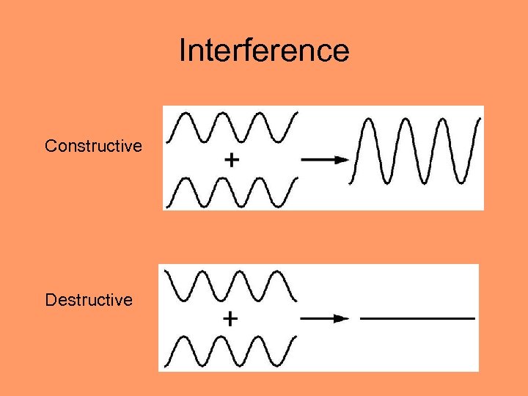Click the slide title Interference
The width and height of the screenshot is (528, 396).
[x=264, y=51]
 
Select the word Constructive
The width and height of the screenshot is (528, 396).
[x=93, y=146]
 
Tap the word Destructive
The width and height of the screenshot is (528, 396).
[x=89, y=300]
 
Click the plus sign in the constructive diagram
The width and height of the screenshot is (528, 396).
[x=231, y=160]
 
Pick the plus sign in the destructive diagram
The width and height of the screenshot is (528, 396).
[x=230, y=318]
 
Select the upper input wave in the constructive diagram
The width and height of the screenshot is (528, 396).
[x=232, y=127]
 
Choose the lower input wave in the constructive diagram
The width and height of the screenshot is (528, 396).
[x=232, y=192]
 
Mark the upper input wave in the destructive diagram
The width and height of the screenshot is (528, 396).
[x=230, y=285]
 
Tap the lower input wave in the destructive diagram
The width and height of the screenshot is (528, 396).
[x=230, y=351]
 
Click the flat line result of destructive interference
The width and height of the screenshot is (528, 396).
[x=418, y=318]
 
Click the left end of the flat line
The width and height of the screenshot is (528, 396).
[x=362, y=318]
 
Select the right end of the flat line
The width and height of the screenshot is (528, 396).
[x=474, y=318]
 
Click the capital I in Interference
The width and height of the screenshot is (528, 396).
[x=182, y=51]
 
